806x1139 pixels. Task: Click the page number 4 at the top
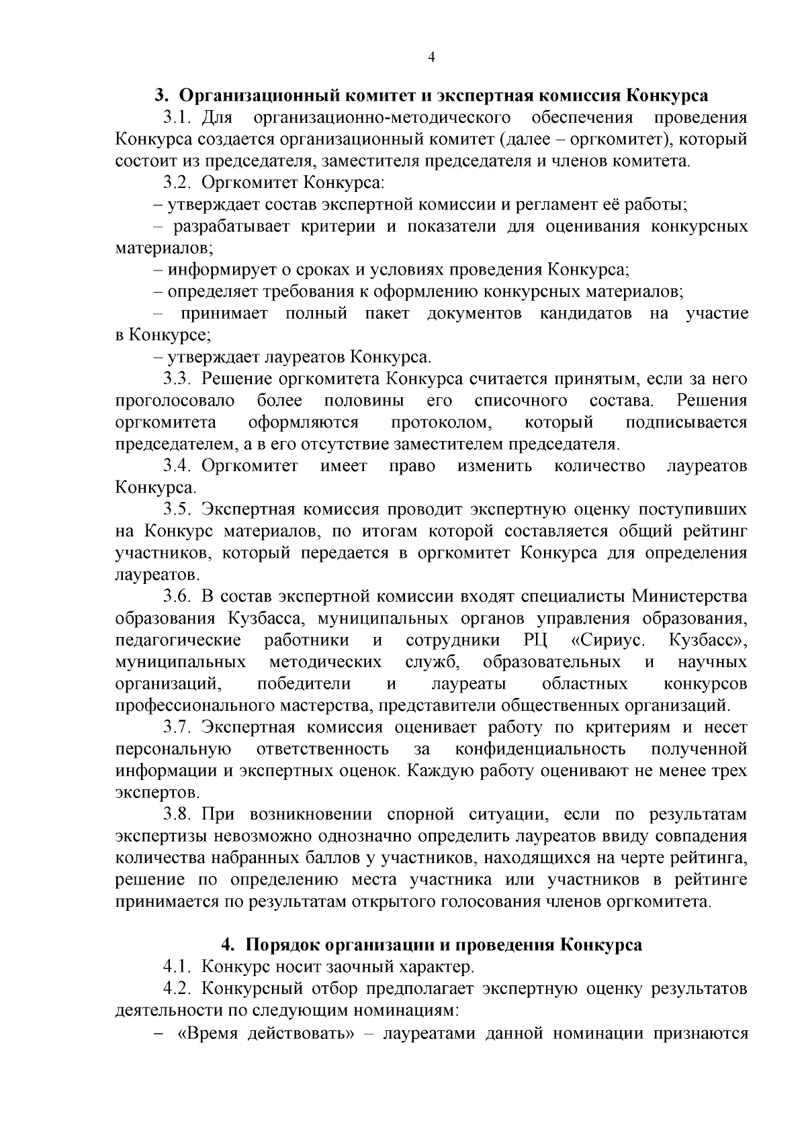(432, 58)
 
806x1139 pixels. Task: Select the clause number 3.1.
(178, 117)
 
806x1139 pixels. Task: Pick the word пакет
(387, 313)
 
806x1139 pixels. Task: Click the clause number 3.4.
(178, 466)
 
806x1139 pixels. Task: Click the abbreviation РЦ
(535, 640)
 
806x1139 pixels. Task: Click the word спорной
(412, 815)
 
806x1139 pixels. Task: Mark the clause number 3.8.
(178, 815)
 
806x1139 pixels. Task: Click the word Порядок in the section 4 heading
(283, 945)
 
